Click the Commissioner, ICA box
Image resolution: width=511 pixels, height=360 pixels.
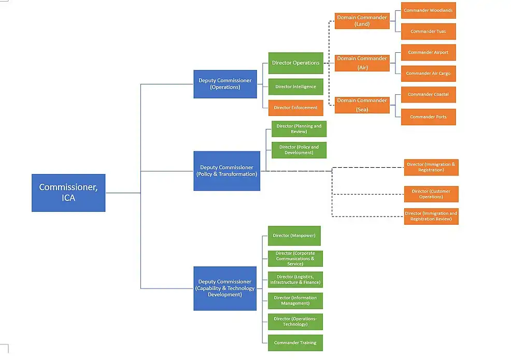tap(68, 193)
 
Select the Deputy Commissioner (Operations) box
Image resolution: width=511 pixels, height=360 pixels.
tap(225, 84)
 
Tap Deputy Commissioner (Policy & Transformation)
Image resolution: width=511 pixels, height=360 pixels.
tap(226, 171)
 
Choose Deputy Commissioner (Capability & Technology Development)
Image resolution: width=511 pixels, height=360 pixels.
tap(225, 288)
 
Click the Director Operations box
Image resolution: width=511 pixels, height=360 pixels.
tap(295, 63)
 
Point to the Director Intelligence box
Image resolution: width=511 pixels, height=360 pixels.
tap(295, 87)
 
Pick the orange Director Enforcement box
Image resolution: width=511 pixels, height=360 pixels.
tap(295, 108)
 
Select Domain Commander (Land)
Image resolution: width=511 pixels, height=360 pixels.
tap(362, 21)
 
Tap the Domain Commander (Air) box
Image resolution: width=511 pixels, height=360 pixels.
tap(362, 63)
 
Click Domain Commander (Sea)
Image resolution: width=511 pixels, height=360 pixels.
tap(362, 105)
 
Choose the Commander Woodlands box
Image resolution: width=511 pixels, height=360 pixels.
tap(428, 10)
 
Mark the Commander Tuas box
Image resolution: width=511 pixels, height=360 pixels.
tap(428, 32)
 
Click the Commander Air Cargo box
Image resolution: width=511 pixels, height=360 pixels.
tap(428, 74)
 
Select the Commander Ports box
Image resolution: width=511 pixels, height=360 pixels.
tap(428, 117)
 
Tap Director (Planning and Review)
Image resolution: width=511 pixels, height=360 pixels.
tap(299, 129)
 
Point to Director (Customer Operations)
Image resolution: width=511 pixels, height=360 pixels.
tap(431, 194)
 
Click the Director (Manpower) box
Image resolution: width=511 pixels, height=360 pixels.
tap(294, 236)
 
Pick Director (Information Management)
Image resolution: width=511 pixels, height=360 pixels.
tap(295, 300)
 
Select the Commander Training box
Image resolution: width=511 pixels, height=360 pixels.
tap(295, 343)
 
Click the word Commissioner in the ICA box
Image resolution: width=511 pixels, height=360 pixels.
tap(68, 187)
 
